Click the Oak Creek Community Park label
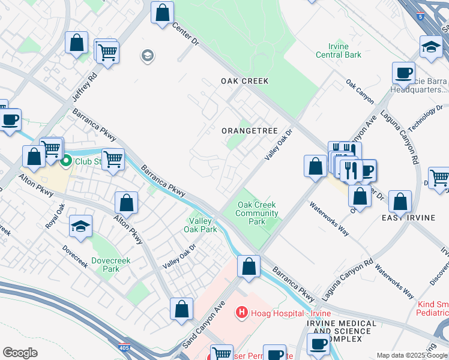point(256,213)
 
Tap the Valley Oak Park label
point(200,225)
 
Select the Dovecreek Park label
point(106,265)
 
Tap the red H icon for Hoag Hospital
point(241,312)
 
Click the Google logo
point(20,353)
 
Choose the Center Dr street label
point(185,35)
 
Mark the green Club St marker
point(67,161)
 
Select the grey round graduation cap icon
point(147,56)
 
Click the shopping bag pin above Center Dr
point(162,13)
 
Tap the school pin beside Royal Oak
point(80,226)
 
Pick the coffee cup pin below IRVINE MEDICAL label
point(318,344)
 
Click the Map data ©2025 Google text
point(412,355)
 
